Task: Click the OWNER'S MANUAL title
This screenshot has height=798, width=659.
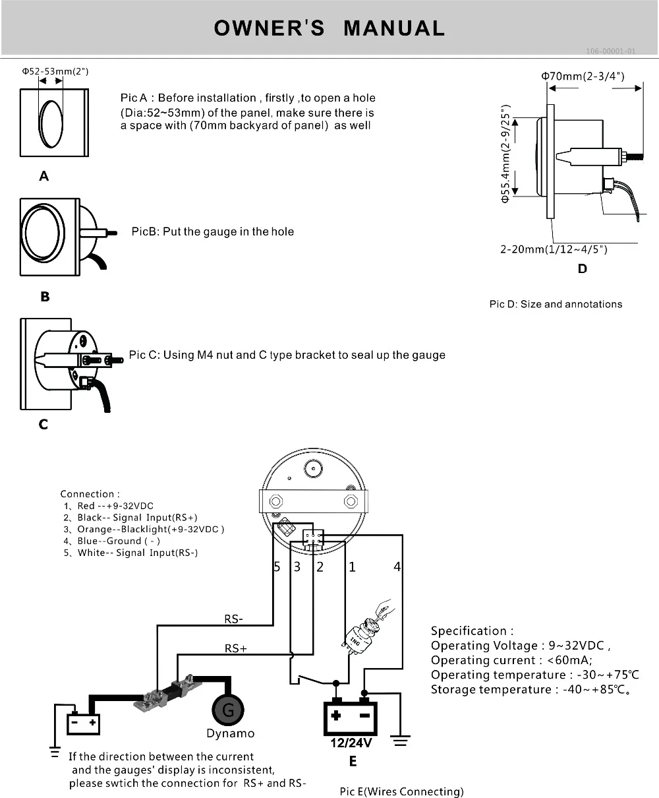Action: tap(329, 28)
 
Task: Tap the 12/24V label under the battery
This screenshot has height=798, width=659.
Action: tap(351, 743)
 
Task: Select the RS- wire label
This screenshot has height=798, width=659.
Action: tap(234, 619)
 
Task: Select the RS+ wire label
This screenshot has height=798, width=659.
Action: tap(236, 648)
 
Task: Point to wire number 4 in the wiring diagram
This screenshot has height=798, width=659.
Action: tap(397, 567)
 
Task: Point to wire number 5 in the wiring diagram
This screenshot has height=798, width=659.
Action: tap(277, 567)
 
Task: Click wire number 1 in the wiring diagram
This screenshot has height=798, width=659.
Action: tap(352, 567)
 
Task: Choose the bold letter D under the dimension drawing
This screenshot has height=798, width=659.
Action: tap(582, 268)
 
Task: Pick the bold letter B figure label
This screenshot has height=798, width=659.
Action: tap(45, 297)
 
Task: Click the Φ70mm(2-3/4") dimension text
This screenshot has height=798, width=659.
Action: tap(583, 76)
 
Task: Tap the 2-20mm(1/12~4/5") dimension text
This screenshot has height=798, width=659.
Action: tap(554, 249)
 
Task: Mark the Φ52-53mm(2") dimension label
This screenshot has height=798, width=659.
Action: tap(55, 71)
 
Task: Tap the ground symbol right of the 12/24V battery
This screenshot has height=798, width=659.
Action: tap(400, 740)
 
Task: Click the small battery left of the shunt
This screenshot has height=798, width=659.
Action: tap(84, 723)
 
